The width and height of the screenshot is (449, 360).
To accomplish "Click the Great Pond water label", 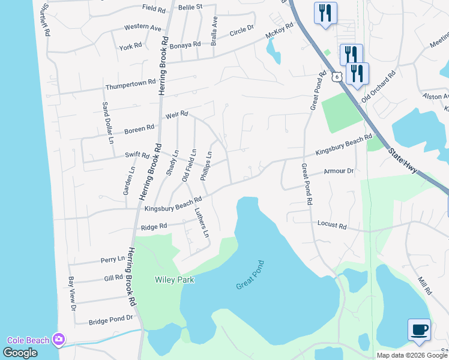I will [250, 275].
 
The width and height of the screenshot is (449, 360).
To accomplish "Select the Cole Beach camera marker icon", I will [58, 340].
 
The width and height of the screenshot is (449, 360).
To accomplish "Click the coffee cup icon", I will [419, 329].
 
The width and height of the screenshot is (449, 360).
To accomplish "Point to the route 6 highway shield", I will [337, 76].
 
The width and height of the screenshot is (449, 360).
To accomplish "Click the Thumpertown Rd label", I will [131, 85].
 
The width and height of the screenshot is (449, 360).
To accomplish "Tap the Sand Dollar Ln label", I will [107, 124].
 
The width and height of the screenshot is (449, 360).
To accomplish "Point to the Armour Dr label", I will [339, 171].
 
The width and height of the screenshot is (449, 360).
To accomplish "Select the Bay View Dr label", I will [72, 293].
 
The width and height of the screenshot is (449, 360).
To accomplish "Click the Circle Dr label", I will [242, 29].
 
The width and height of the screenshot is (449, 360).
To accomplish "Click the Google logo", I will [20, 353].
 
